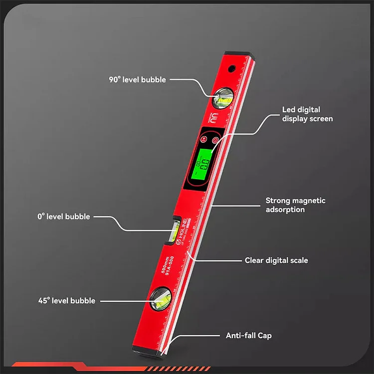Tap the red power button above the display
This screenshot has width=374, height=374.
pyautogui.click(x=215, y=141)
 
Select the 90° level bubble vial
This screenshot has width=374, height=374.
pyautogui.click(x=222, y=97)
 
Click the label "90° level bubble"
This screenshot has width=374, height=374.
pyautogui.click(x=137, y=79)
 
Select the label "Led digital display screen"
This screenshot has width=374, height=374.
pyautogui.click(x=307, y=114)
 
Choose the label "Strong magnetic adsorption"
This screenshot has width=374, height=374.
pyautogui.click(x=295, y=205)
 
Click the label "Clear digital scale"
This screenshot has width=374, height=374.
pyautogui.click(x=276, y=260)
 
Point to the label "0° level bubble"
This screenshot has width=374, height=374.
pyautogui.click(x=63, y=217)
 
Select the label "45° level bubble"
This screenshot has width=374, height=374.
pyautogui.click(x=66, y=301)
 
